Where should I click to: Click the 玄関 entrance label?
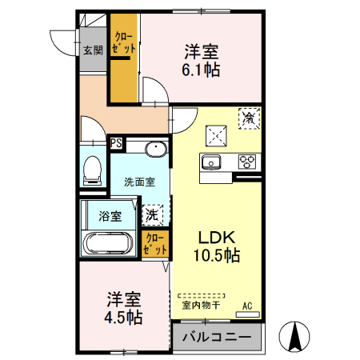(x=92, y=50)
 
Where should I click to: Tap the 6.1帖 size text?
(x=202, y=70)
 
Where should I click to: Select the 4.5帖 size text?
(x=124, y=318)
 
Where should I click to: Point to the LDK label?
(x=217, y=238)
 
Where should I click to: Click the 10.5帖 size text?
(x=216, y=256)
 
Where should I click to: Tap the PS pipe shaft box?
(x=117, y=144)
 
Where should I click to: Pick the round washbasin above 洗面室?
(x=155, y=149)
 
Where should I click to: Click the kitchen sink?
(x=213, y=162)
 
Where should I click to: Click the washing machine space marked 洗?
(x=152, y=214)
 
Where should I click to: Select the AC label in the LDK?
(x=247, y=305)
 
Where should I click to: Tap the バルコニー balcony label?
(x=216, y=336)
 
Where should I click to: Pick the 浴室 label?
(x=110, y=216)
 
